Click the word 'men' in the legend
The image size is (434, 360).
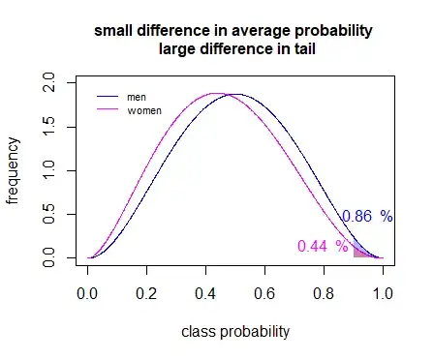pyautogui.click(x=137, y=97)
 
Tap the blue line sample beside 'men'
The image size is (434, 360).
pyautogui.click(x=108, y=97)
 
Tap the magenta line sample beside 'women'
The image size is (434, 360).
pyautogui.click(x=108, y=110)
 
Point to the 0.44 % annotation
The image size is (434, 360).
pyautogui.click(x=322, y=246)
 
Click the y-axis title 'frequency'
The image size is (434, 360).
pyautogui.click(x=14, y=171)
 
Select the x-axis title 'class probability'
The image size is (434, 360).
pyautogui.click(x=235, y=332)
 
